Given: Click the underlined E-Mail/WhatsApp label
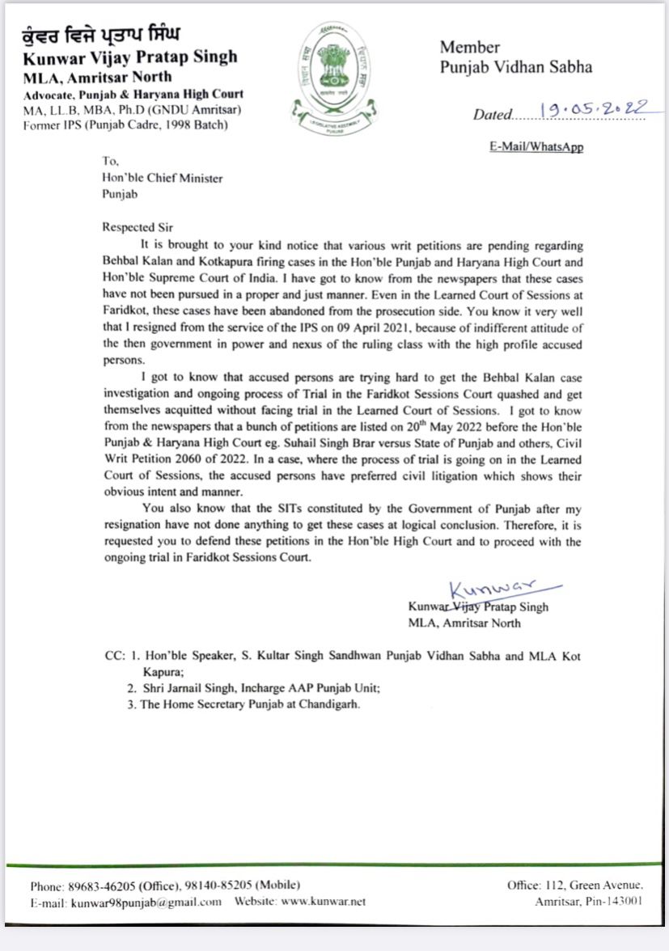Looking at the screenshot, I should click(x=536, y=147).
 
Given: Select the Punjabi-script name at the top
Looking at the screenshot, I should click(x=100, y=36).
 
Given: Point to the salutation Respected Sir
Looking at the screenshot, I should click(x=138, y=227).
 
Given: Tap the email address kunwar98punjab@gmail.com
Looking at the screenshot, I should click(x=146, y=902).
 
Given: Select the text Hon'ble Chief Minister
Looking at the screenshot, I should click(x=162, y=178).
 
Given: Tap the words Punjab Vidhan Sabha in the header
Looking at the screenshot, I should click(x=516, y=67).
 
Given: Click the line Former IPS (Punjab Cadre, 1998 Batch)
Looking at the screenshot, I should click(x=125, y=124).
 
